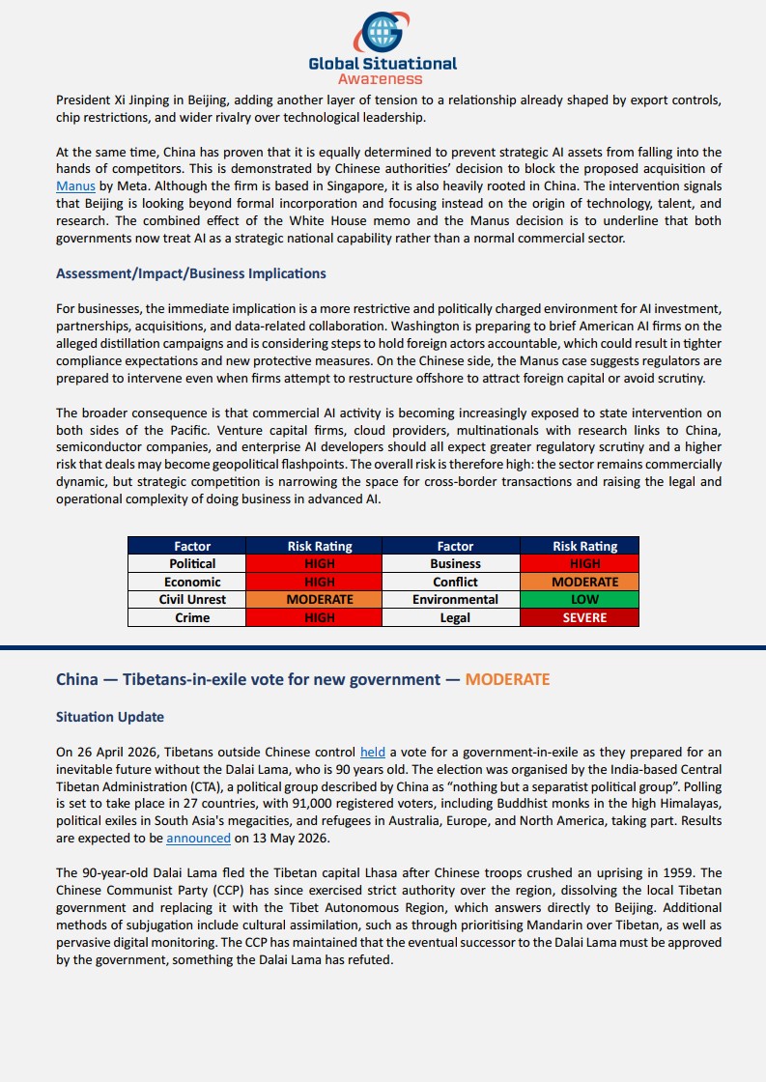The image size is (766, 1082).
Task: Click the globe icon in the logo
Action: pos(383,31)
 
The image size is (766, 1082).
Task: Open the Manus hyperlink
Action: pos(75,186)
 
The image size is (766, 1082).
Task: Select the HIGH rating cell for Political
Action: pos(319,563)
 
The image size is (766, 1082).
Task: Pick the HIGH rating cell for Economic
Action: pos(319,582)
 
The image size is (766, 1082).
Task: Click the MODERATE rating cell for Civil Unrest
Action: pos(319,599)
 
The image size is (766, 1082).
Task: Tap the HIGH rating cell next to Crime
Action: pos(319,617)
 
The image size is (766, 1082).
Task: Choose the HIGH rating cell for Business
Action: pos(584,563)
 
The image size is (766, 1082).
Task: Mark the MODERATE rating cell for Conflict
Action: pos(584,582)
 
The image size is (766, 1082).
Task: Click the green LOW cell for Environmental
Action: pos(584,599)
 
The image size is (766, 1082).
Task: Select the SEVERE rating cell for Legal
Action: pos(584,617)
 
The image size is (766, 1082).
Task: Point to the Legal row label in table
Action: pos(455,617)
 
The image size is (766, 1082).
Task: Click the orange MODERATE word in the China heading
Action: pos(507,679)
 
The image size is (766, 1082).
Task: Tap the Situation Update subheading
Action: pos(110,717)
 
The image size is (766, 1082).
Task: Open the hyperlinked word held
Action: pos(372,751)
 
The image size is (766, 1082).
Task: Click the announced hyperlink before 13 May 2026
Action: pos(198,839)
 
